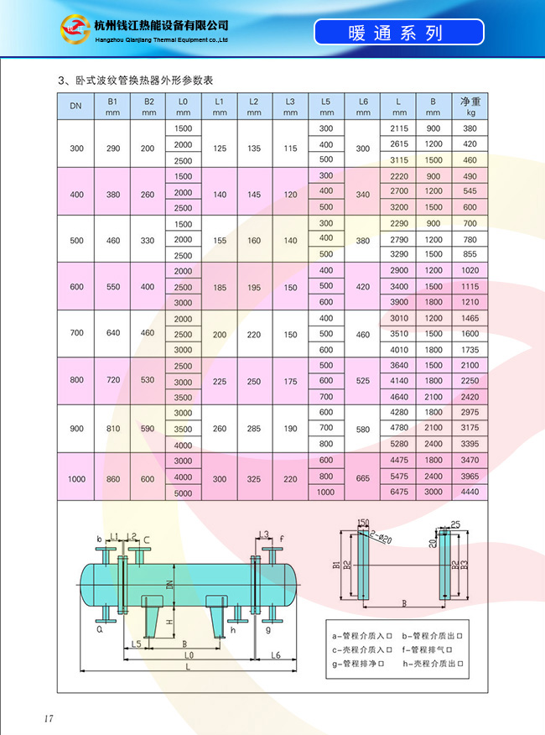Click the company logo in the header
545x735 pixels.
75,29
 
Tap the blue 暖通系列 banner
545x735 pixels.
399,32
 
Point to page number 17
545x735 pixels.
49,718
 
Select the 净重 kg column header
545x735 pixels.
470,107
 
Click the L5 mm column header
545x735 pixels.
326,107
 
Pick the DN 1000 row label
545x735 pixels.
76,479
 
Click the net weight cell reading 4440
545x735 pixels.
470,492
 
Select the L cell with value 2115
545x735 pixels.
399,128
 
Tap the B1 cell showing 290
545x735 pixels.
113,149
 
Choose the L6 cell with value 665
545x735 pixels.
363,478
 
